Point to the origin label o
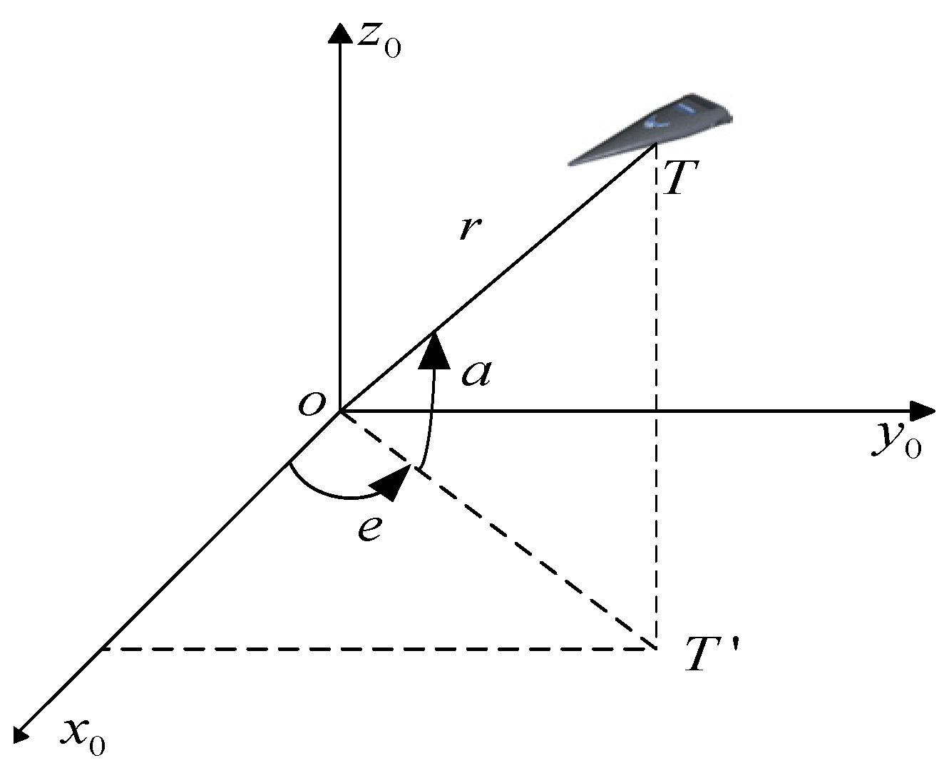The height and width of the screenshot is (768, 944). (x=312, y=404)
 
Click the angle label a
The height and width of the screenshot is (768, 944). (x=476, y=372)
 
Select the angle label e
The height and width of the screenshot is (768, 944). (x=369, y=528)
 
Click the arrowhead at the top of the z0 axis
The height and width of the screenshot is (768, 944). (x=341, y=31)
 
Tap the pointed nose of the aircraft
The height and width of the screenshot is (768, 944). (x=570, y=163)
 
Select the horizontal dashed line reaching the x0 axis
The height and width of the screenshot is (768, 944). (x=378, y=649)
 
